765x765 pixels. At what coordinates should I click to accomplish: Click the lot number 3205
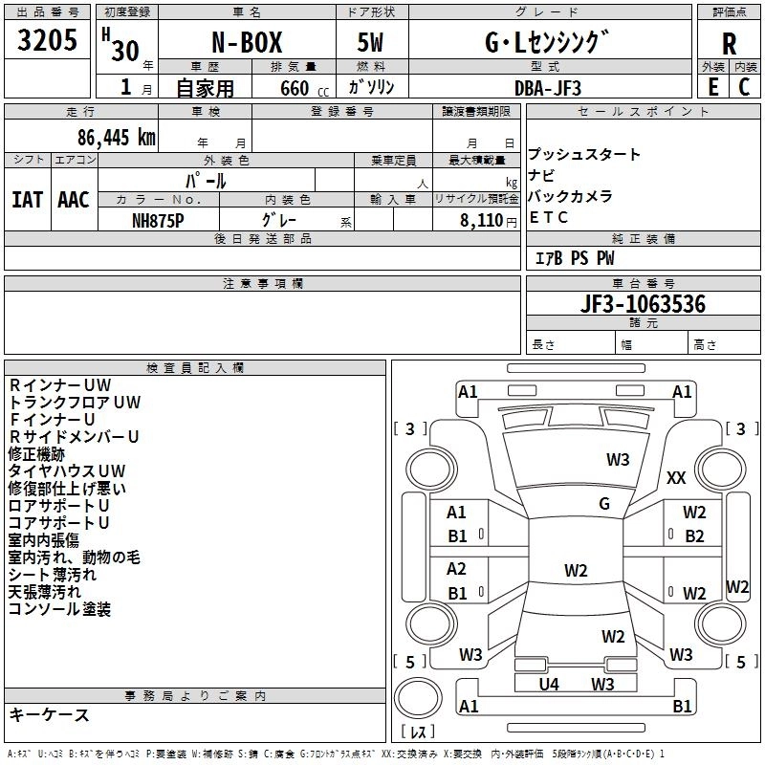[47, 41]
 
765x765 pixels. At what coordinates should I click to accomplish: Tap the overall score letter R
[729, 43]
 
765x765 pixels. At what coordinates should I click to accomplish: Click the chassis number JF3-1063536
[643, 304]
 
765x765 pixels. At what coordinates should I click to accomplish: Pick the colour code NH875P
[158, 219]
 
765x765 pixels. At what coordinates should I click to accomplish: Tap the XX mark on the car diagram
[676, 477]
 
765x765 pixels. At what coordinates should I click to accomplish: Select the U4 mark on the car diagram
[548, 684]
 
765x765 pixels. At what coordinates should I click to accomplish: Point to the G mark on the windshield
[603, 504]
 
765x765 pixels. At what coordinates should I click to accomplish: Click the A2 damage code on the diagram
[457, 569]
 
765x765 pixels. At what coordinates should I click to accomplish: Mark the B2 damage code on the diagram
[694, 536]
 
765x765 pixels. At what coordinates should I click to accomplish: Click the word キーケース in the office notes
[49, 715]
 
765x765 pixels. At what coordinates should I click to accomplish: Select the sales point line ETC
[549, 217]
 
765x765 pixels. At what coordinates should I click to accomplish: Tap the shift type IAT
[28, 199]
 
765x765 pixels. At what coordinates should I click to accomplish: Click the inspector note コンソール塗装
[59, 608]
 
